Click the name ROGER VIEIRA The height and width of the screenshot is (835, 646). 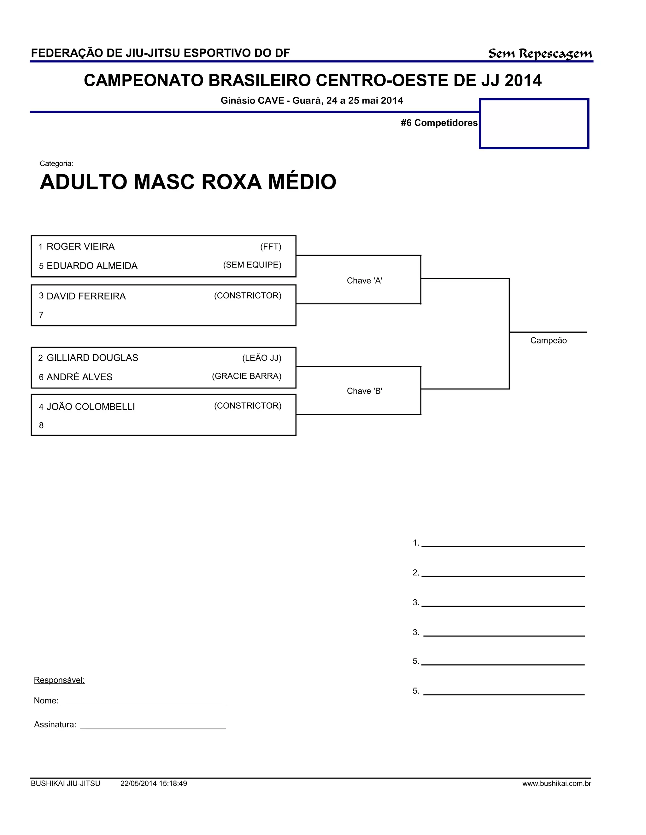pos(80,247)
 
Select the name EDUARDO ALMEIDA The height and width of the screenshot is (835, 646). pos(92,266)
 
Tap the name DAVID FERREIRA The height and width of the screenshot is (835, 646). pos(86,296)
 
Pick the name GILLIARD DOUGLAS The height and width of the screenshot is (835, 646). pos(92,358)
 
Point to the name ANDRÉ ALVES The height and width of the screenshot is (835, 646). pos(79,377)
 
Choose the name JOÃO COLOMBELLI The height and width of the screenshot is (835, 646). pos(91,407)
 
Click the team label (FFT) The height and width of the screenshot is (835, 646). pos(271,247)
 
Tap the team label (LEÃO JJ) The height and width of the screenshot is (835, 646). pos(262,358)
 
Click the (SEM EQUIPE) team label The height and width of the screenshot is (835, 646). pos(252,265)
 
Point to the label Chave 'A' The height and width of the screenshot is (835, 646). pos(364,281)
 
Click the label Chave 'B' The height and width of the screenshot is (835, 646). pos(364,391)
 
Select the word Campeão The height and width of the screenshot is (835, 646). pos(548,341)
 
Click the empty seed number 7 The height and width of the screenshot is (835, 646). pos(41,315)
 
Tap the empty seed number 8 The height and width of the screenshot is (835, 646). pos(41,425)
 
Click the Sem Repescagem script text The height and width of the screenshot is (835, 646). pos(540,54)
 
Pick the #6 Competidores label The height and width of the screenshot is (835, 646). pos(439,123)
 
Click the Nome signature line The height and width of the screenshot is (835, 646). pos(143,701)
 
